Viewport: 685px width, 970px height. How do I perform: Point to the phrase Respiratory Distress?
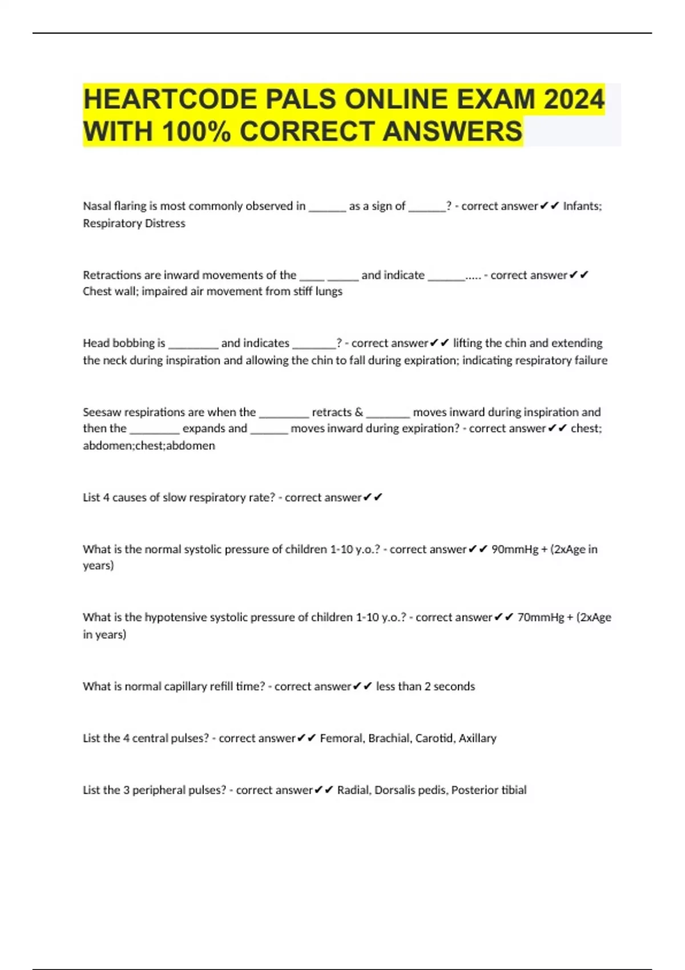click(134, 223)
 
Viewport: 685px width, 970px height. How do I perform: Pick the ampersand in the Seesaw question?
click(358, 412)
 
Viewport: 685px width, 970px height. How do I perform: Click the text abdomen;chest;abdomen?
click(149, 446)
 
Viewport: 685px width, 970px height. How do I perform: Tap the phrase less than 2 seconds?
click(425, 686)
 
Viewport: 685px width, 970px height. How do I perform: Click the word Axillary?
click(478, 738)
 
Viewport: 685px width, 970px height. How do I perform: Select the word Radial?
click(353, 790)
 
